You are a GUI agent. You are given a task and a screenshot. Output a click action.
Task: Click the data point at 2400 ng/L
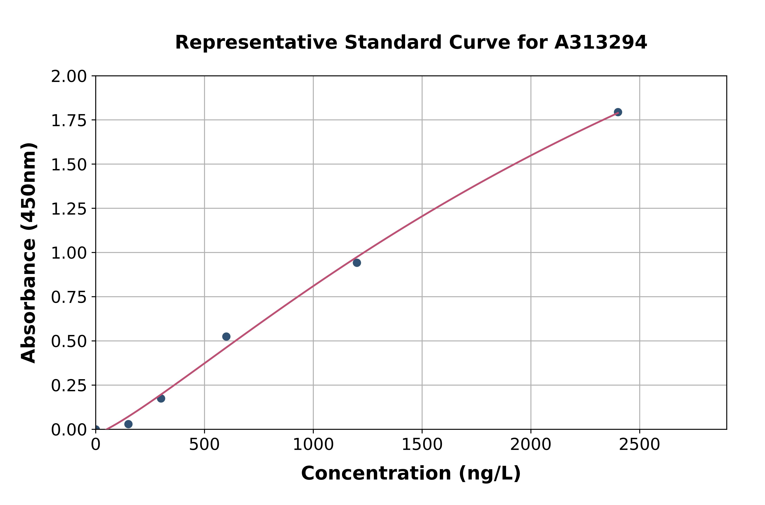click(618, 112)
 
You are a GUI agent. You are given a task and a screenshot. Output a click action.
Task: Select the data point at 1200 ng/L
click(357, 263)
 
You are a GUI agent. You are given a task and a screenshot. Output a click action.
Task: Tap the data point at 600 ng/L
click(226, 336)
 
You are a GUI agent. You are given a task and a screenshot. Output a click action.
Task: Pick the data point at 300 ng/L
click(161, 398)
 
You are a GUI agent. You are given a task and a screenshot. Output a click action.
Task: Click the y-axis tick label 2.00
click(69, 77)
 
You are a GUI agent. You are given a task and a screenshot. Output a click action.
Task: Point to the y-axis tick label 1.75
click(69, 120)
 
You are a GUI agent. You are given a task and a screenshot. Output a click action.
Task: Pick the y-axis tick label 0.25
click(69, 385)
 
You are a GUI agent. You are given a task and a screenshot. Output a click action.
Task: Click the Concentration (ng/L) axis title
click(411, 473)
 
